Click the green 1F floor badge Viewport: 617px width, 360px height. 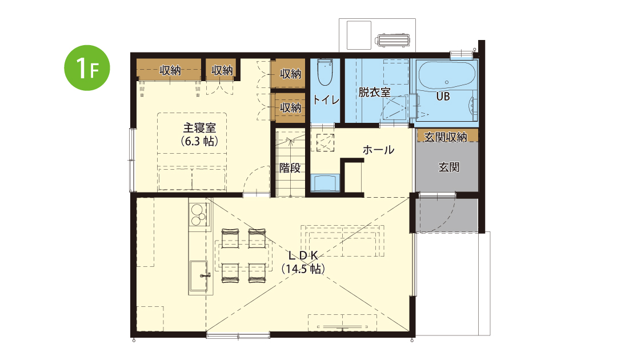[87, 68]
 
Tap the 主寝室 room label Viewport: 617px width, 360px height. [199, 127]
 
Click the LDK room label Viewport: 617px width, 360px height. [303, 256]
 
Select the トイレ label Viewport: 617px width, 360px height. [326, 100]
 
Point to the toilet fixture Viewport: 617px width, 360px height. [325, 73]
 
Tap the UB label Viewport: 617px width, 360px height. [443, 97]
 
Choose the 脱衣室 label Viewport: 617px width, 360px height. [375, 92]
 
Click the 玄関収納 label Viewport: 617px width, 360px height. [446, 137]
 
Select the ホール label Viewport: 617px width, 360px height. [378, 150]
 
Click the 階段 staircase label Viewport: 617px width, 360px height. [290, 168]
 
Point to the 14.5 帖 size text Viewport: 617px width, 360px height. [303, 269]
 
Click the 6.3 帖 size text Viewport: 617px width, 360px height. [199, 141]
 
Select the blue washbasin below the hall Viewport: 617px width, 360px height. [325, 183]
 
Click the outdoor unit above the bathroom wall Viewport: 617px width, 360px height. [392, 41]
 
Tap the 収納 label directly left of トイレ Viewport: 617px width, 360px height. [290, 107]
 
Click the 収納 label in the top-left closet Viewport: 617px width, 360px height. [170, 70]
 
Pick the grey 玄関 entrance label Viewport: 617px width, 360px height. [449, 167]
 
